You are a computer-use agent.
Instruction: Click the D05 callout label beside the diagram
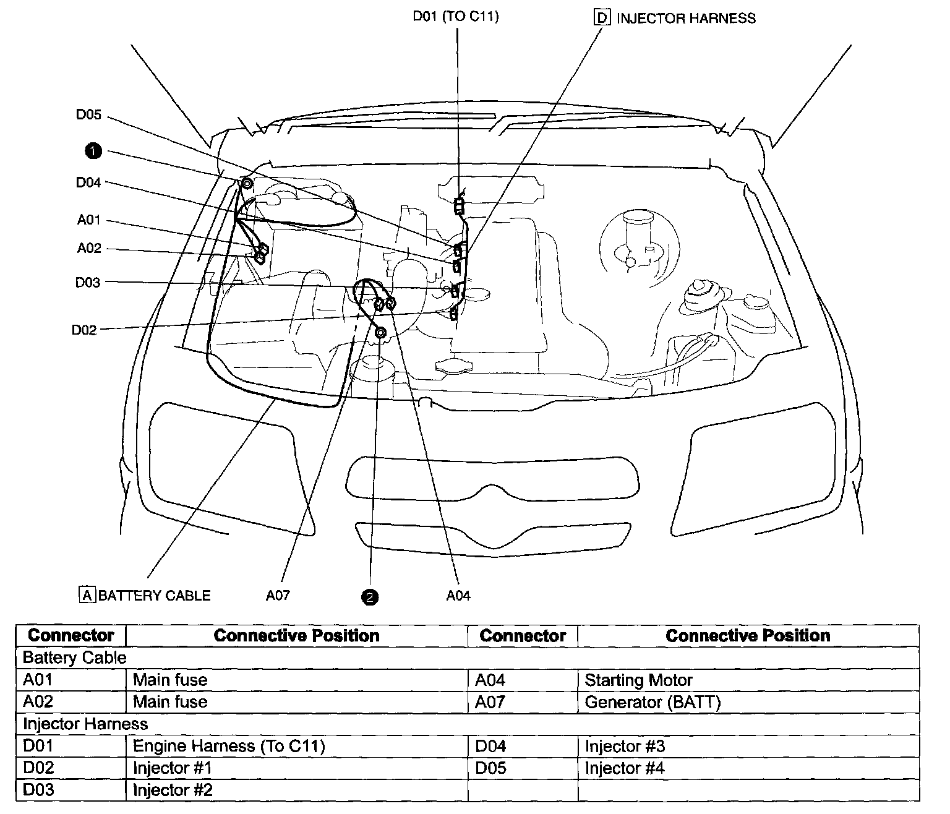[x=88, y=115]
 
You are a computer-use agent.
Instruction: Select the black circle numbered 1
[x=93, y=150]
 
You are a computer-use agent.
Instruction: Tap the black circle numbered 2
[x=370, y=597]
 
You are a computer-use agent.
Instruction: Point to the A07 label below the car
[x=278, y=596]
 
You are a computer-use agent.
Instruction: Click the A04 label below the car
[x=458, y=596]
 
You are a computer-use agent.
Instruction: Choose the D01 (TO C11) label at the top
[x=456, y=17]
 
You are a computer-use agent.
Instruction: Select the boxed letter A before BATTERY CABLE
[x=87, y=595]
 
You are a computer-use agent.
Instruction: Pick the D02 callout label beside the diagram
[x=84, y=330]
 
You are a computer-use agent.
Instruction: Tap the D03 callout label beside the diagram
[x=88, y=283]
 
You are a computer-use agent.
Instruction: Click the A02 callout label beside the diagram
[x=89, y=248]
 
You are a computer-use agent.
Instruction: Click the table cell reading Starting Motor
[x=638, y=680]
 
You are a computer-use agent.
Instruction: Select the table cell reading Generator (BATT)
[x=653, y=702]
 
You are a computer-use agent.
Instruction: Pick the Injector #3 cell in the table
[x=625, y=746]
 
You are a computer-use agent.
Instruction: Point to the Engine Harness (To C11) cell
[x=229, y=746]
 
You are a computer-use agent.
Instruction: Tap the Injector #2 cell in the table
[x=173, y=790]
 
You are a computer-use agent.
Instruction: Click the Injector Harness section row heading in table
[x=85, y=724]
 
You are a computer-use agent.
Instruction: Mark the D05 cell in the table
[x=490, y=768]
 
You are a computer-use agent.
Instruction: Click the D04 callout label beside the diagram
[x=88, y=182]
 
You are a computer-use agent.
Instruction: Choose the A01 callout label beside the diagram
[x=89, y=220]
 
